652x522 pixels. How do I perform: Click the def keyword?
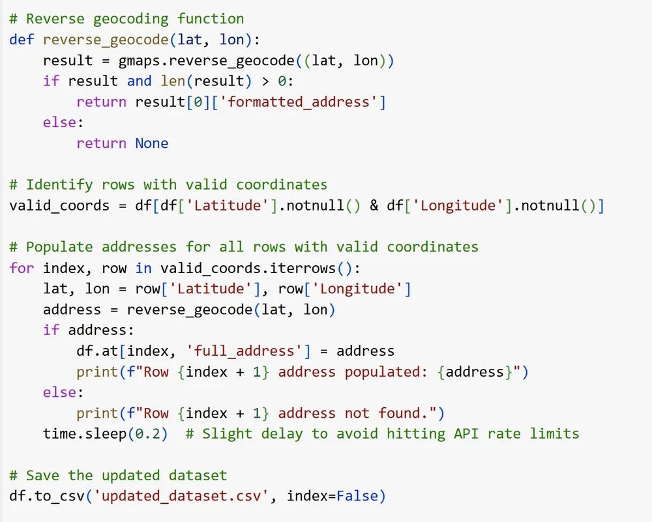tap(22, 39)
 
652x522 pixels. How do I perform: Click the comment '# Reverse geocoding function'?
tap(126, 18)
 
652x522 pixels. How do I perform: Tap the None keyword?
tap(152, 143)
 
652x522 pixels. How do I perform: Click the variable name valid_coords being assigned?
tap(59, 206)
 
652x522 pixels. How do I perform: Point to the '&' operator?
tap(374, 206)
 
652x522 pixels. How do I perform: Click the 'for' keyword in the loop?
tap(22, 268)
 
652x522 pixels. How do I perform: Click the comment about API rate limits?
tap(382, 433)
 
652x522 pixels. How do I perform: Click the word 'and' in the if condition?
tap(139, 81)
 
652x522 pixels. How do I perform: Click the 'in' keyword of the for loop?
tap(143, 268)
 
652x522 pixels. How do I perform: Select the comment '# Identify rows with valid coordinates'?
tap(168, 185)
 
